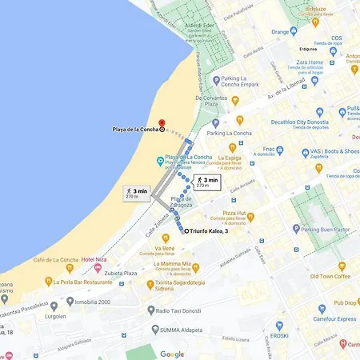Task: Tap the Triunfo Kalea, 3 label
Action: point(210,231)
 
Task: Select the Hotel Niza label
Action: point(94,260)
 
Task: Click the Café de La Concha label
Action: point(54,260)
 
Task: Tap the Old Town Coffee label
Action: point(330,276)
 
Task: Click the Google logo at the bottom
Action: point(172,353)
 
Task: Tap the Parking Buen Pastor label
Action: point(323,228)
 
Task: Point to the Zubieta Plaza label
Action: point(120,273)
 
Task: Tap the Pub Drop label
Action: point(346,303)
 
